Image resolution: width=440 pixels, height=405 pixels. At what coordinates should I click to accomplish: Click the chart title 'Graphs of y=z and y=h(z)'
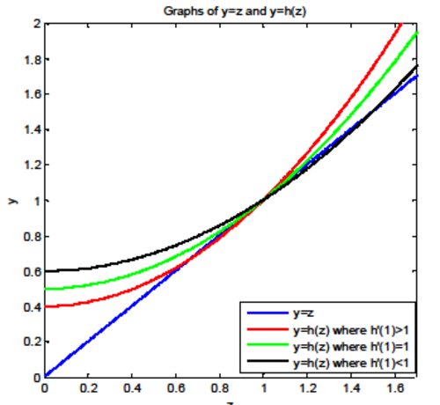pos(235,11)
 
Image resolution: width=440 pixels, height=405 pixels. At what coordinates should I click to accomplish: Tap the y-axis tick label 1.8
pos(33,60)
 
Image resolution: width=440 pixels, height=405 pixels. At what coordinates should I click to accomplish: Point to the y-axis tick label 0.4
pos(33,307)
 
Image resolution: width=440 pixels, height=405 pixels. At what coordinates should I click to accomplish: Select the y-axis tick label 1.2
pos(33,166)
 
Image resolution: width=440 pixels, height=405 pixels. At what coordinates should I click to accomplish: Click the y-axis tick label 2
pos(38,24)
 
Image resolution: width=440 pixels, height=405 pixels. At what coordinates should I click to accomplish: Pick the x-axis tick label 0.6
pos(176,388)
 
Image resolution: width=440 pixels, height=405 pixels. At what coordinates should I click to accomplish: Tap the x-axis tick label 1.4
pos(351,388)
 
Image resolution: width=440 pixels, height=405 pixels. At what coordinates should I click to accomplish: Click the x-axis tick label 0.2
pos(89,388)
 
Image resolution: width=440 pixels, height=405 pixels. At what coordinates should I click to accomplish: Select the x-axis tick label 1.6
pos(395,388)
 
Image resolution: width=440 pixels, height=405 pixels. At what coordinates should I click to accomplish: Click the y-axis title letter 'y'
pos(13,201)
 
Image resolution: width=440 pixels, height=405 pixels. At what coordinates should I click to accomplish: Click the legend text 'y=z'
pos(304,313)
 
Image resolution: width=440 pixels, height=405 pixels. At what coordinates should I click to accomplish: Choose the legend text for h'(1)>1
pos(351,330)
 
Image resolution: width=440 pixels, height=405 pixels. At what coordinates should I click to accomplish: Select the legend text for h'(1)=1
pos(351,347)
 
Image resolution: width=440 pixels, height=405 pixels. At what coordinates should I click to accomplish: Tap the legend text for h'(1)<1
pos(351,364)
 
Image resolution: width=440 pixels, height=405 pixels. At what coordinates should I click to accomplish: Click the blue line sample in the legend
pos(268,313)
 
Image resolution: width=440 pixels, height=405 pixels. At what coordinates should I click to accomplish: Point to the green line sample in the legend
pos(268,344)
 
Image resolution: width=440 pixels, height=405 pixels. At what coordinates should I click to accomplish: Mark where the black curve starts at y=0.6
pos(45,271)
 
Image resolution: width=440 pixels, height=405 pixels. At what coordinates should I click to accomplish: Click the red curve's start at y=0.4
pos(45,306)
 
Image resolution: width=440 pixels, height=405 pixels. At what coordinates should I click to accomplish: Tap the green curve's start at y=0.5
pos(45,289)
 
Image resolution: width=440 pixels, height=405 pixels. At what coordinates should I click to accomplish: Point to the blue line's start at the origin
pos(45,376)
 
